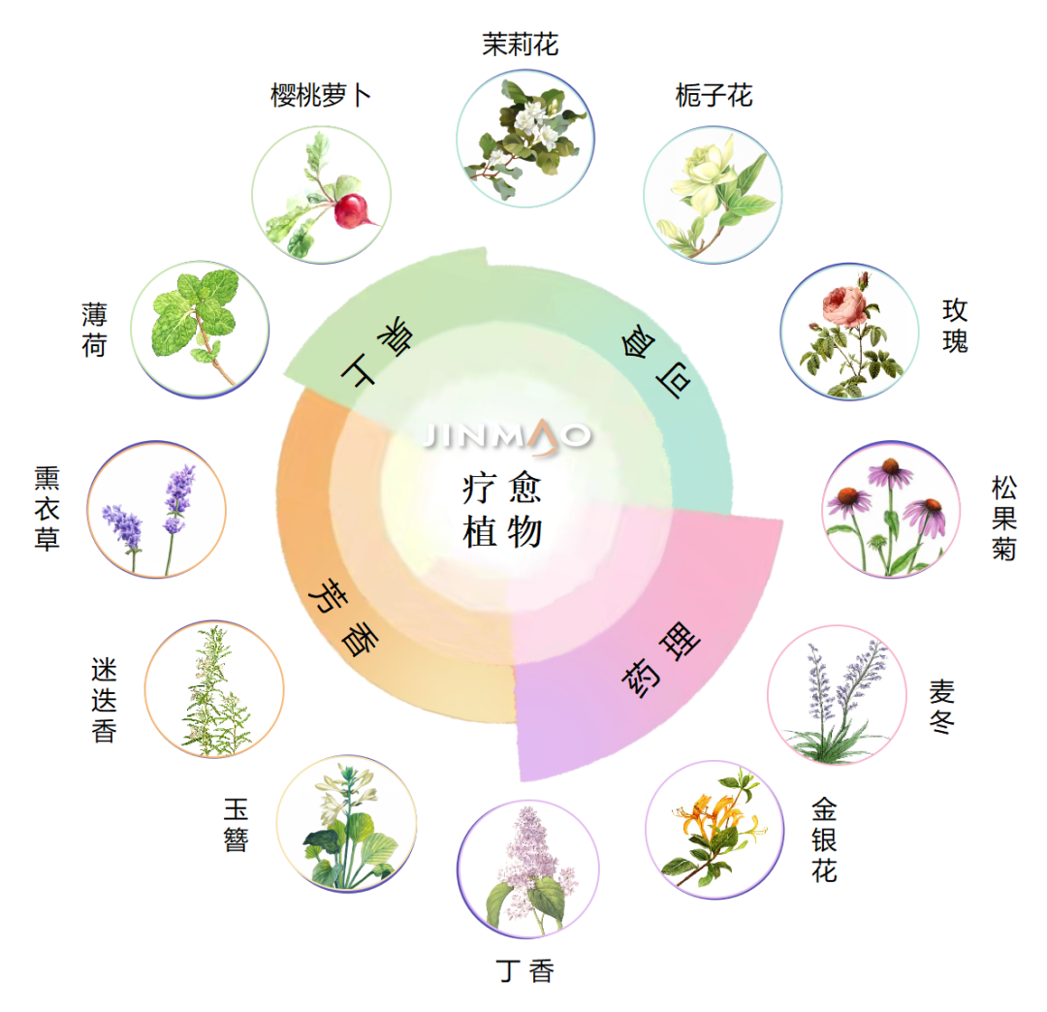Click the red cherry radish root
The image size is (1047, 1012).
coord(353,210)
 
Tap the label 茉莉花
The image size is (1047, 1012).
coord(521,44)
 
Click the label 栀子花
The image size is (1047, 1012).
coord(714,95)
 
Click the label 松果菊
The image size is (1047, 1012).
coord(1003,517)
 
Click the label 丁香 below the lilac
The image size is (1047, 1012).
coord(525,970)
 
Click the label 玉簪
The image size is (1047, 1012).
coord(237,825)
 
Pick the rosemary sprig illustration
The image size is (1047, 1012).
coord(213,689)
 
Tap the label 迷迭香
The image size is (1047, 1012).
coord(104,701)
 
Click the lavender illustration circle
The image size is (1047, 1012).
coord(156,510)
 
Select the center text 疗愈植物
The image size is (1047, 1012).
coord(502,510)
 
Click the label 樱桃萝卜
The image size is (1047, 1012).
coord(320,95)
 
